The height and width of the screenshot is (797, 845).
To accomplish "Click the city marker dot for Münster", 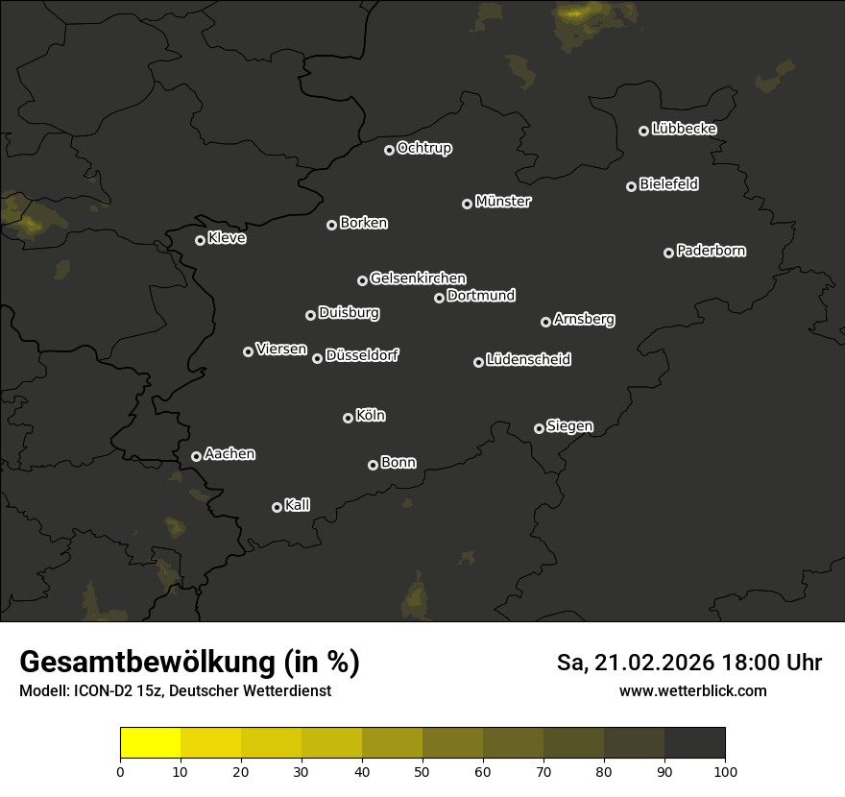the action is point(467,204).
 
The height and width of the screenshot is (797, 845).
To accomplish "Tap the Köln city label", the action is point(371,416).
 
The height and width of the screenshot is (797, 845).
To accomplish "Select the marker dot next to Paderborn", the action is point(668,253).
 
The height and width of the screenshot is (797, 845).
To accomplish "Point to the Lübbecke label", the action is point(684,129).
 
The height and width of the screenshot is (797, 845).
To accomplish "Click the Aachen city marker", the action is point(196,456).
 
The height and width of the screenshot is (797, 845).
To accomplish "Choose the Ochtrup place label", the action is point(423,148).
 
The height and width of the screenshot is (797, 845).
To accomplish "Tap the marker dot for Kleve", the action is point(200,240).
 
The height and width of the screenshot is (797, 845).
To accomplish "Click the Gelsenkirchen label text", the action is point(418,278).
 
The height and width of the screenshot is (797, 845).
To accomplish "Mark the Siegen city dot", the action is point(539,428).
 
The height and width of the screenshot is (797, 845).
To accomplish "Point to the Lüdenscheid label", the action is point(528,359).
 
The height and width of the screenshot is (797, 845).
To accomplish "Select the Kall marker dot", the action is point(277,507).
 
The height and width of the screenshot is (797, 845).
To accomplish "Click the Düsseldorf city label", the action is point(362,355).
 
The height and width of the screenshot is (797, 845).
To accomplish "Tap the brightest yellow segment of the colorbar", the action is point(151,743).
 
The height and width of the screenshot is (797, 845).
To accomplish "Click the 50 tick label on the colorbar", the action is point(422,771).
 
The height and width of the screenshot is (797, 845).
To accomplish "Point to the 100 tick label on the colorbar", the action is point(725,771).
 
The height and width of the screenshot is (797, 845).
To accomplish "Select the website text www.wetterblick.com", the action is point(693,690).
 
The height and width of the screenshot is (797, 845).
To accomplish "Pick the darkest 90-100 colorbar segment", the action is point(694,743).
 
